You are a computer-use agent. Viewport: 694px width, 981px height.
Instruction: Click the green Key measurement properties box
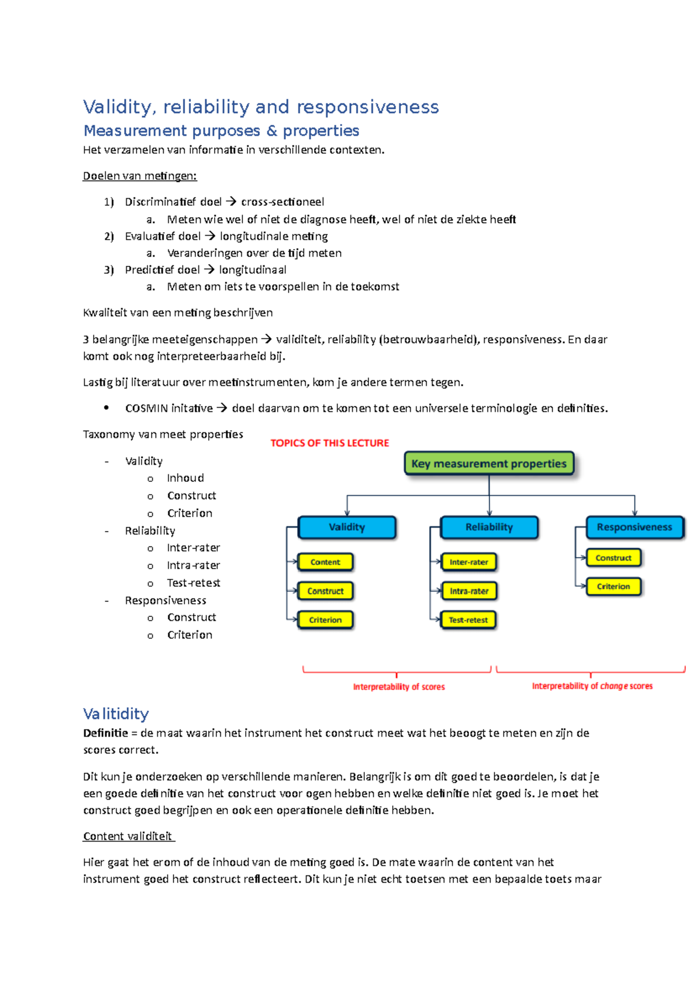point(489,463)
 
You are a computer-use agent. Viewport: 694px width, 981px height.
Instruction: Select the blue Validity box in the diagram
point(346,527)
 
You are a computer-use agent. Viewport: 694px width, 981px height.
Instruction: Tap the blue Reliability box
point(489,527)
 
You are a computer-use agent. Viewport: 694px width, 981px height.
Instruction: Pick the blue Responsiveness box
point(634,527)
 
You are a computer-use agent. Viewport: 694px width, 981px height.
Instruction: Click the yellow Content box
point(325,562)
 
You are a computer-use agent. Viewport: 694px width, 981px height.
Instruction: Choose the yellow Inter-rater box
point(468,562)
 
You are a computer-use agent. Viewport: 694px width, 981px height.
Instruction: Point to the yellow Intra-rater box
point(468,591)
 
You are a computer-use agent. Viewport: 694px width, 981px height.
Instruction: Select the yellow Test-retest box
point(468,620)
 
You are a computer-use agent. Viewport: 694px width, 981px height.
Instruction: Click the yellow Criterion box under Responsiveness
point(613,586)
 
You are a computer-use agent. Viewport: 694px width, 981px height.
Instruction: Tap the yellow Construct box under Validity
point(325,591)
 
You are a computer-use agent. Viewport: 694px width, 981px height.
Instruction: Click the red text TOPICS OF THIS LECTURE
point(330,443)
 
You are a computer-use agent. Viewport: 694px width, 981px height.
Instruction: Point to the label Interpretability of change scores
point(592,686)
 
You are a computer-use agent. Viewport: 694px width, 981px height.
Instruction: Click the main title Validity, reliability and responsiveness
point(261,107)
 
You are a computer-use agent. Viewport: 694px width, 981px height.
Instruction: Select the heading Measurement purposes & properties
point(222,131)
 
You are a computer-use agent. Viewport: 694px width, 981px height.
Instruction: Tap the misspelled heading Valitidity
point(116,714)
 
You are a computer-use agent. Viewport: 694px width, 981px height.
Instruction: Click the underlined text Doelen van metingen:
point(140,176)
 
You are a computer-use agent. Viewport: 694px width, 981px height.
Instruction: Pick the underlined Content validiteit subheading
point(128,836)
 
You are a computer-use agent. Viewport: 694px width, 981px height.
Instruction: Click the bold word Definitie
point(105,733)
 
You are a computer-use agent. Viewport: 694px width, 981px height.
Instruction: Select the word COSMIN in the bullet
point(146,408)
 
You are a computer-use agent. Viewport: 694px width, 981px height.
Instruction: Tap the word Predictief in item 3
point(149,270)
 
